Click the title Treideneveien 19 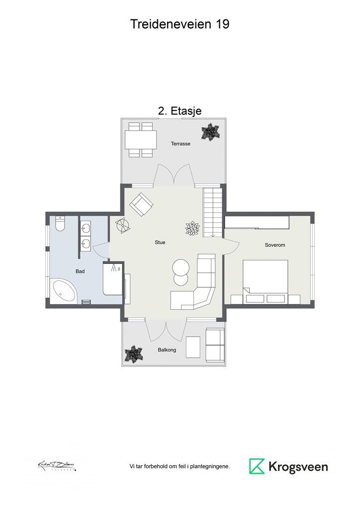pos(180,24)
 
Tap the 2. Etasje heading pos(180,111)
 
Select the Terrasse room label pos(180,144)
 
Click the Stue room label pos(160,243)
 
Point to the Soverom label pos(275,245)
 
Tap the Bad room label pos(80,271)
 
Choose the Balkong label pos(167,350)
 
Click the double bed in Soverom pos(265,276)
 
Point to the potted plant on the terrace pos(210,132)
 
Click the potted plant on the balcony pos(134,354)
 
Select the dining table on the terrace pos(141,139)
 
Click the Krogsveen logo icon pos(257,466)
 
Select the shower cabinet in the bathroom pos(113,279)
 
